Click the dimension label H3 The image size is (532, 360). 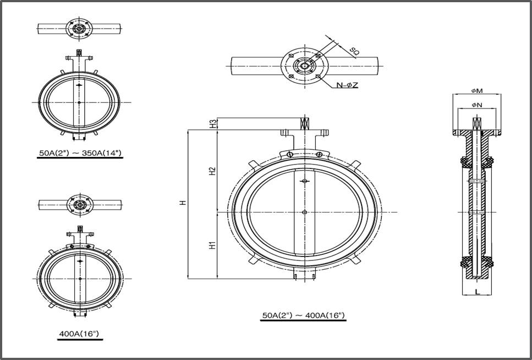(x=212, y=124)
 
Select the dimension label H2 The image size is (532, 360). (x=212, y=172)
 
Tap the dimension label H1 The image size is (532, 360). (x=212, y=246)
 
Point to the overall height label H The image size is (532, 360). (x=183, y=203)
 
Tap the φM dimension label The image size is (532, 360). (x=476, y=90)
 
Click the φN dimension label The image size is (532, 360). (x=476, y=105)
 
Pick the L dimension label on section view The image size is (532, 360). (x=477, y=291)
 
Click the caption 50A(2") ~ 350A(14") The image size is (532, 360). (x=80, y=152)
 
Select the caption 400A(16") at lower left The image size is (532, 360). (x=80, y=334)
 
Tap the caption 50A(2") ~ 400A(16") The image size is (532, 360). (x=303, y=315)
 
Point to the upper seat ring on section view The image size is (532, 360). (x=476, y=162)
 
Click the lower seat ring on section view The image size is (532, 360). (x=476, y=262)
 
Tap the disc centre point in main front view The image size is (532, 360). (x=304, y=212)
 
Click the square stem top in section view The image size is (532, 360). (x=476, y=123)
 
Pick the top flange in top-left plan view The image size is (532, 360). (x=79, y=27)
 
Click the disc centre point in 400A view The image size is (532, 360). (x=80, y=279)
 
